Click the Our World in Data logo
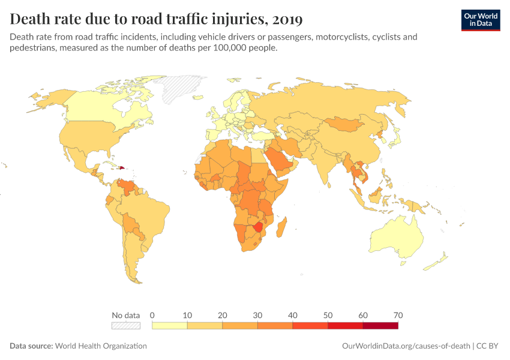coord(480,19)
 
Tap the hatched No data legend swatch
coord(126,326)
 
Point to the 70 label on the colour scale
coord(397,316)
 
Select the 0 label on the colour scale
coord(152,316)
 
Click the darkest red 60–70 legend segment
coord(380,326)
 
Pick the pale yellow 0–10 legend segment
coord(170,326)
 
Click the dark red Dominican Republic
coord(124,169)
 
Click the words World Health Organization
coord(101,346)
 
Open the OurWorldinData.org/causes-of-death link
coord(405,346)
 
